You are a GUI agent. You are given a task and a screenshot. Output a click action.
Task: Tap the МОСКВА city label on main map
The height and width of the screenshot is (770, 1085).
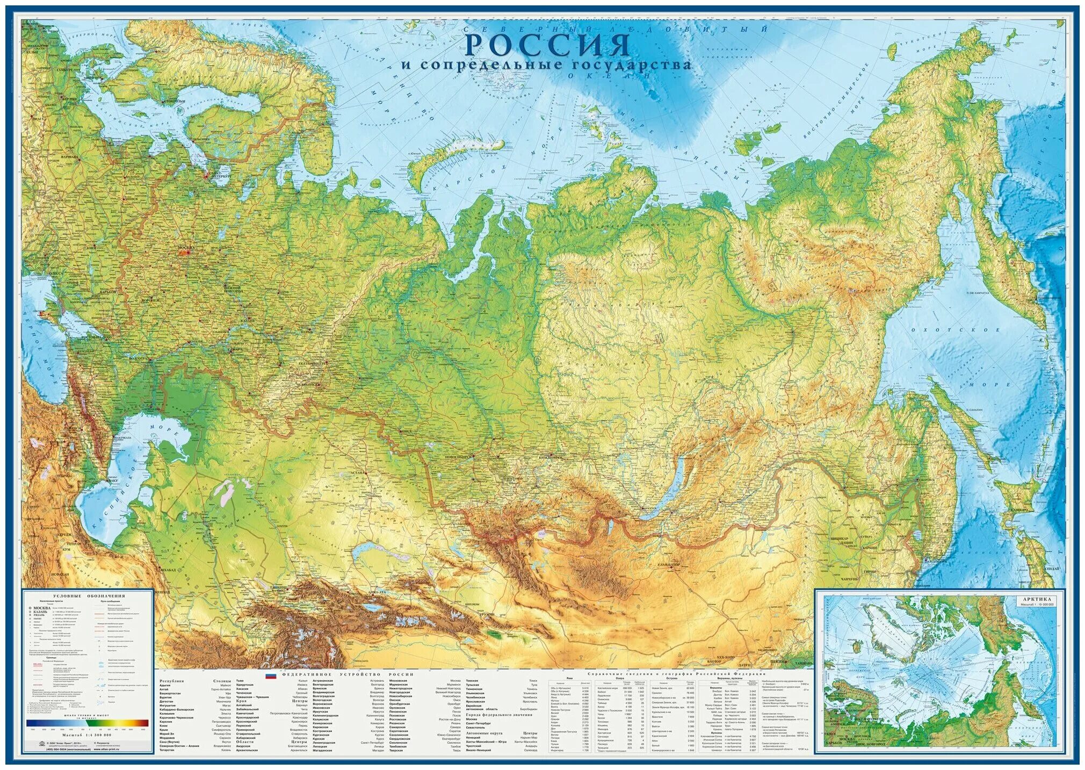[x=185, y=248]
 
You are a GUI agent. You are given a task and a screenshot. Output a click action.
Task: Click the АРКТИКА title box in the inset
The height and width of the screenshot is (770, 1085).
[x=1037, y=599]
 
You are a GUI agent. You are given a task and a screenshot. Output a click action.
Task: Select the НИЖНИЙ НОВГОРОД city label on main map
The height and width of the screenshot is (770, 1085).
[x=233, y=289]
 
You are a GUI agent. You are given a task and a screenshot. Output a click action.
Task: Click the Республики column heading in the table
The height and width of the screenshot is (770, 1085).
[x=171, y=681]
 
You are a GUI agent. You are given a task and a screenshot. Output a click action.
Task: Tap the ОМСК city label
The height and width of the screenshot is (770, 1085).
[x=406, y=430]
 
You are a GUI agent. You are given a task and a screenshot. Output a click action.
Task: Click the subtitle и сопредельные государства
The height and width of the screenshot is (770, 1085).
[x=547, y=65]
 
